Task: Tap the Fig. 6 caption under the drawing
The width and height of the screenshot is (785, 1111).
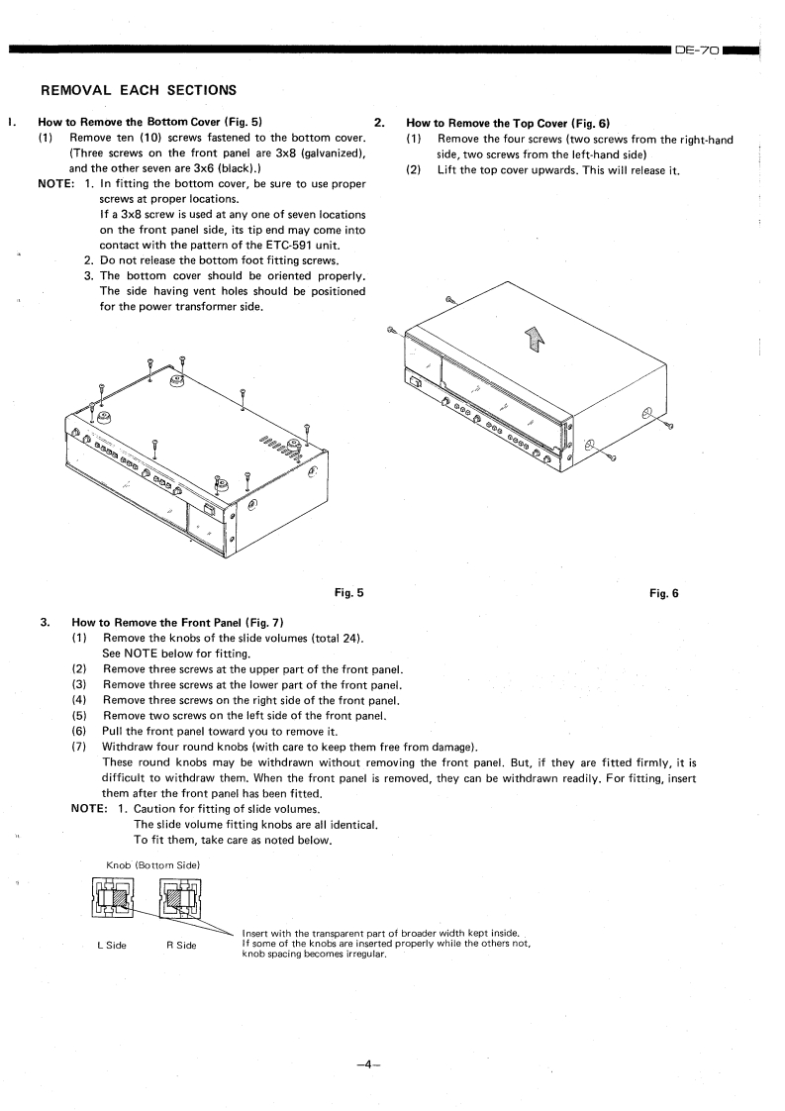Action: point(665,593)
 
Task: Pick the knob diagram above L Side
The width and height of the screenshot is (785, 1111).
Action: point(111,902)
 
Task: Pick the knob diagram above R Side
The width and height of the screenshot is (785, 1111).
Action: point(179,902)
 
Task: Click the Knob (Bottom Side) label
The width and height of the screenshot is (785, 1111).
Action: point(153,865)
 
